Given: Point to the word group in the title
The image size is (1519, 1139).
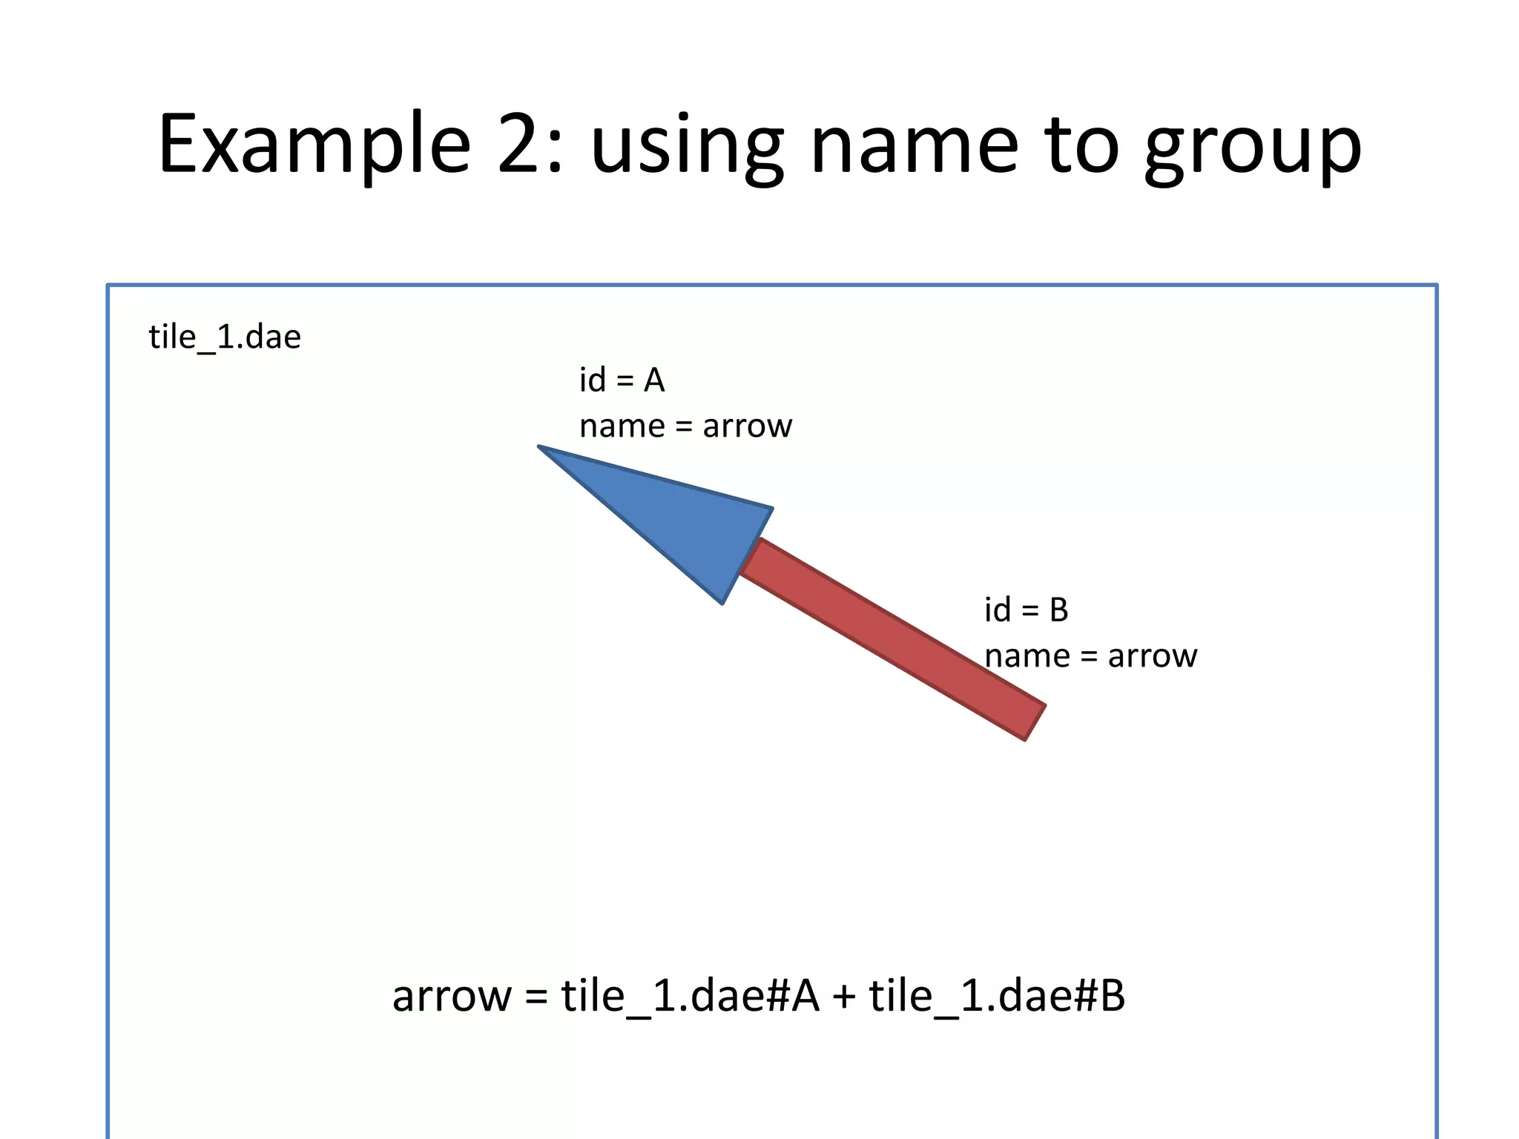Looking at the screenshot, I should pos(1253,148).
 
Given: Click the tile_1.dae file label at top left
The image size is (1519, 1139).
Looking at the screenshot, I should pos(225,337).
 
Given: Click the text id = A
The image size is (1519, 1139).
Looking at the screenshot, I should pos(622,380).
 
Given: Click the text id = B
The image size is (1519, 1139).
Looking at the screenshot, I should pos(1026,610).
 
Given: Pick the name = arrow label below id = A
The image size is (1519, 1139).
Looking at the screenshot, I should pos(685,426).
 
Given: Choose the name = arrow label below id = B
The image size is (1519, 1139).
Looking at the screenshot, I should pos(1090,656).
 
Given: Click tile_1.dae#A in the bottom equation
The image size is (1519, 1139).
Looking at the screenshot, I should pos(690,996).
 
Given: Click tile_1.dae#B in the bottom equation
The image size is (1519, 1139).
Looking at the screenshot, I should pos(997,996).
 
